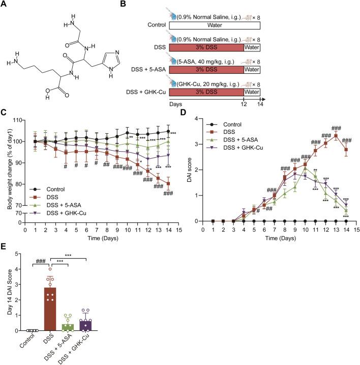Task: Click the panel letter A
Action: [5, 5]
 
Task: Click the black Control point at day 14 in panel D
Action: [346, 235]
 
